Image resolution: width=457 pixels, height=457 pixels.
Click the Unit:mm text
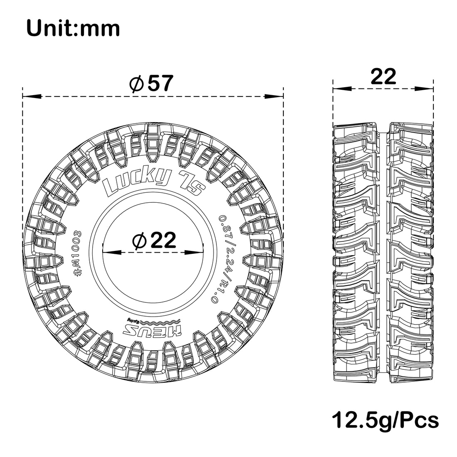73,29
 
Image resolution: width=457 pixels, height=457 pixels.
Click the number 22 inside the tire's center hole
162,240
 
